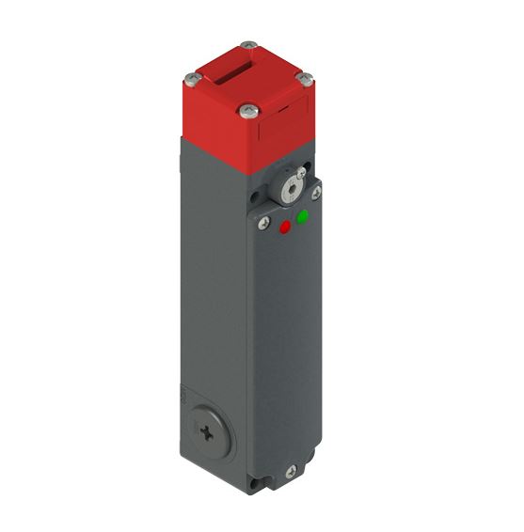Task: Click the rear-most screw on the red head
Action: (x=247, y=44)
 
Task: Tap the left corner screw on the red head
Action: (x=192, y=77)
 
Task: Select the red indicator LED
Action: (x=285, y=227)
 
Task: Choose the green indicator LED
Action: (x=303, y=218)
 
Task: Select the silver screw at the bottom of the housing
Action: (x=291, y=472)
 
